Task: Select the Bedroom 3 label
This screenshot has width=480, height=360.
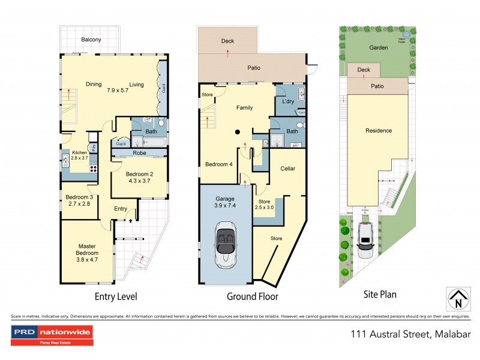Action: (x=79, y=197)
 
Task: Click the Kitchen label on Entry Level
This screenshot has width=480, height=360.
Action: (x=80, y=153)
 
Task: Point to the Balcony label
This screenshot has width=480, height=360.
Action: (x=91, y=40)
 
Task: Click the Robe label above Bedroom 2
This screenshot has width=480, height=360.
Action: (x=139, y=154)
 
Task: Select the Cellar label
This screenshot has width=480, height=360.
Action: (x=288, y=169)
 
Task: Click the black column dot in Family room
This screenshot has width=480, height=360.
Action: (x=238, y=132)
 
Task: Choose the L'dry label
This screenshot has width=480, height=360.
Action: (x=287, y=102)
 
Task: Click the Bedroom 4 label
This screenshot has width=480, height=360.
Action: (x=218, y=164)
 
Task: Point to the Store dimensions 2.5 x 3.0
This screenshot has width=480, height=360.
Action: (x=265, y=208)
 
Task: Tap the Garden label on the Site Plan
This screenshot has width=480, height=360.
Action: (x=379, y=47)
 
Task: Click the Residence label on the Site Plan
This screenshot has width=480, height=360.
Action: (x=379, y=130)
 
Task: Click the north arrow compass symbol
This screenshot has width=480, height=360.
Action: (x=458, y=298)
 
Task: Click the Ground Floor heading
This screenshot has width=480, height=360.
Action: (x=252, y=296)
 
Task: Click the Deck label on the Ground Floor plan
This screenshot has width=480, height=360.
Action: (x=227, y=41)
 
